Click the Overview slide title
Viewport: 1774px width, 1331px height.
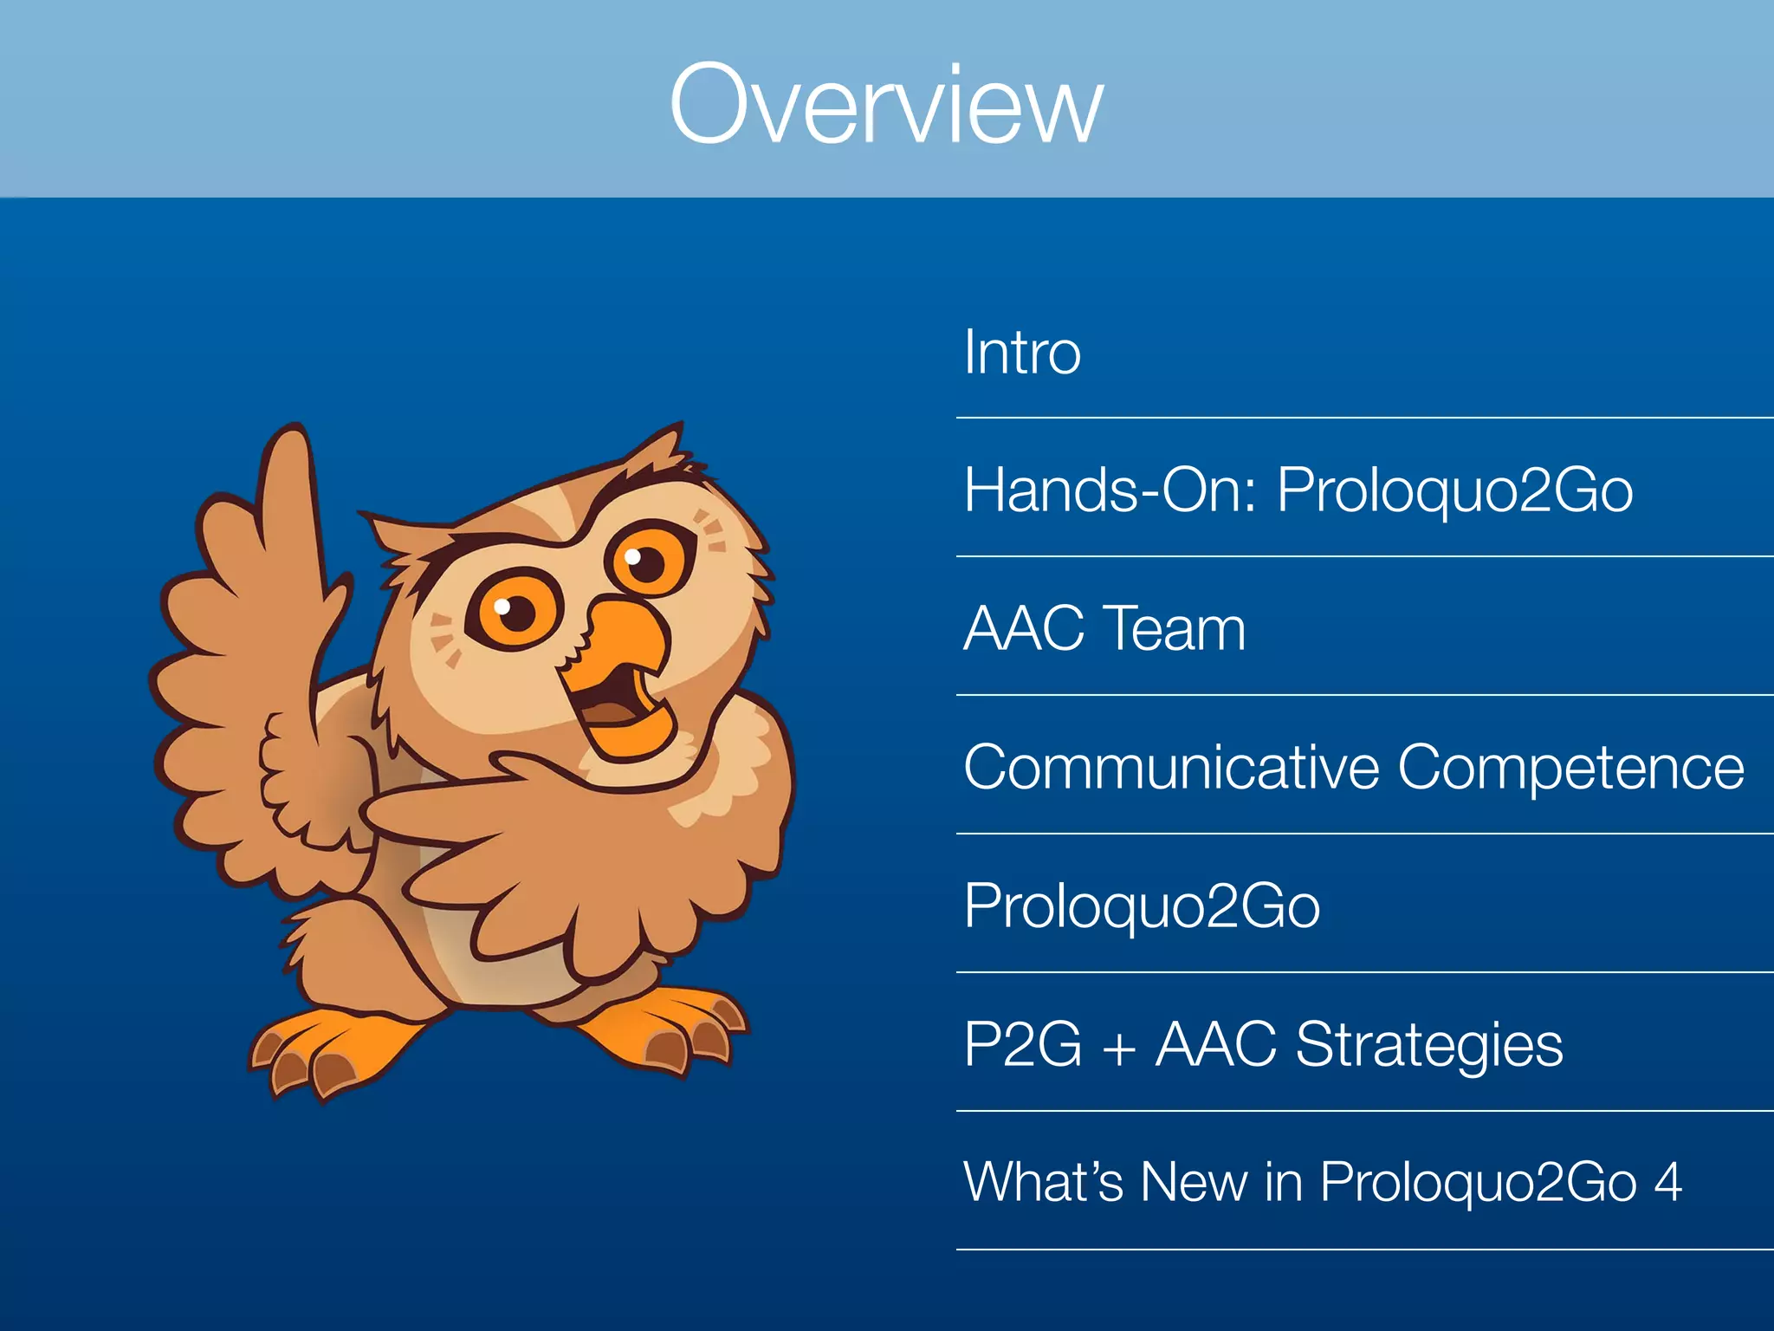pos(886,104)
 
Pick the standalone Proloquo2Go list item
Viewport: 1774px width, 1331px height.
pos(1142,906)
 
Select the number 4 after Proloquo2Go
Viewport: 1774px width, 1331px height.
pos(1667,1182)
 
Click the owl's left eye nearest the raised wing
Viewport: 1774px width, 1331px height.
pos(515,612)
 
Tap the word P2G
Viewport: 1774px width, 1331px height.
pos(1022,1045)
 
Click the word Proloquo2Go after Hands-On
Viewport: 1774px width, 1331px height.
pos(1455,490)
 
